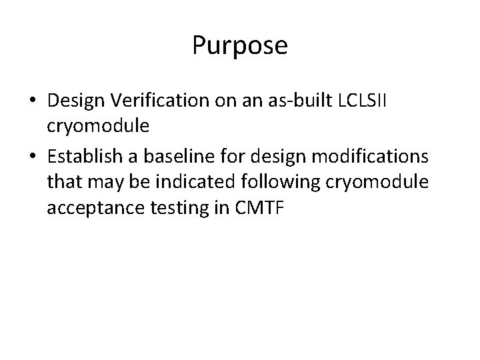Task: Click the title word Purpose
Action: point(240,46)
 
